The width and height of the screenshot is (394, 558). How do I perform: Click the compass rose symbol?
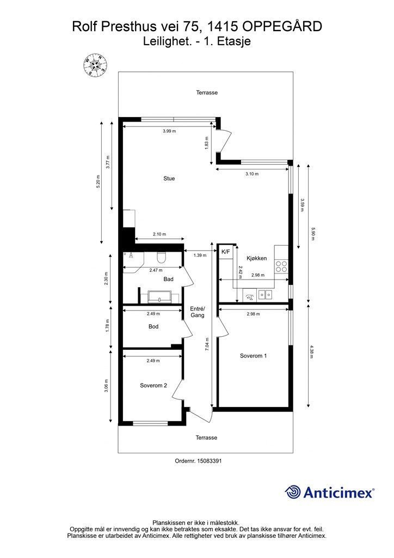coord(95,65)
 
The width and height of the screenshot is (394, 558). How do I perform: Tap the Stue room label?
coord(169,178)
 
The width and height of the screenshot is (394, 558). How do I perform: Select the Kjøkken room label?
coord(256,258)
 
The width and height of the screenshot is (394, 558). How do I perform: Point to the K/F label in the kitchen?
coord(226,252)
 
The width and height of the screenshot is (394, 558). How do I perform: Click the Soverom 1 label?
coord(253,355)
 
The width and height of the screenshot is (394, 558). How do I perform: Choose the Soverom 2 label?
coord(153,385)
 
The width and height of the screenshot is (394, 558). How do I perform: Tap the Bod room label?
coord(153,326)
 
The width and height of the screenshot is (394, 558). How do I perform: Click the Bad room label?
coord(168,279)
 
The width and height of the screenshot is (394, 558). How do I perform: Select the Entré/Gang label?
coord(198,312)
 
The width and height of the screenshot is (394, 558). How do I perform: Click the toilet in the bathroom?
coord(162,256)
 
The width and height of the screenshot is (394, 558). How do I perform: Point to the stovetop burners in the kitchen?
coord(282,266)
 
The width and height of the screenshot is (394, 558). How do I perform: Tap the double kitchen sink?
coord(265,295)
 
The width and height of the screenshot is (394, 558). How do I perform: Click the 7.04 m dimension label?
coord(207,344)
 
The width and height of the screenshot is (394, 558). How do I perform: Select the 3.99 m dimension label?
coord(169,131)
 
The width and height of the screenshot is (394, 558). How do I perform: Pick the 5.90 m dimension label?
coord(312,234)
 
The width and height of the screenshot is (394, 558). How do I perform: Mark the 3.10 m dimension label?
coord(252,174)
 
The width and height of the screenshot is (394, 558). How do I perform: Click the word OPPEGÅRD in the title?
coord(282,27)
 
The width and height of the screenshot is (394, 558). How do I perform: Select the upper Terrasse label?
coord(207,93)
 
